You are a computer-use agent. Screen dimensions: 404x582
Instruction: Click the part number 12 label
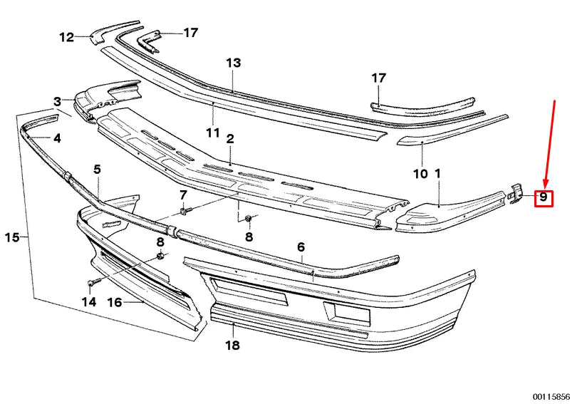point(66,37)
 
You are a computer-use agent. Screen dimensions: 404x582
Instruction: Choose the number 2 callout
point(230,138)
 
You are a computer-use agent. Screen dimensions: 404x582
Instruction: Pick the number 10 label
point(420,173)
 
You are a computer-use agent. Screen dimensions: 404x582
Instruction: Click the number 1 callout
point(438,173)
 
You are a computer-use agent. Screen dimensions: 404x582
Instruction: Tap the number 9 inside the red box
point(544,197)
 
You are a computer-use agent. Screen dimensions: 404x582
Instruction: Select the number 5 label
point(98,170)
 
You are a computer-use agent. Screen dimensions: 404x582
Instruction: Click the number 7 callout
point(183,195)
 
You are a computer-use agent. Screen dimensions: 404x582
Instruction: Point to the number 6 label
point(301,247)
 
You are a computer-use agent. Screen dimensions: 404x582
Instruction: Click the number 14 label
point(88,302)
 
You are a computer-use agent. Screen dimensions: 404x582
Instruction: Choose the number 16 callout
point(114,302)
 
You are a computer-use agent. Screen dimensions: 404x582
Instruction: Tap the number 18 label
point(232,346)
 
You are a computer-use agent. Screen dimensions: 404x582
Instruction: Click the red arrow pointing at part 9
point(550,143)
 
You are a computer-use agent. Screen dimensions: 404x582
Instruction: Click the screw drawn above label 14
point(93,283)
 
